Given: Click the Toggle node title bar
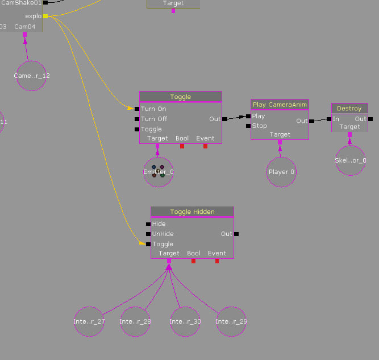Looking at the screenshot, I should [x=181, y=97].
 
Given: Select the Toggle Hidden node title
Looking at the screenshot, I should [x=192, y=212].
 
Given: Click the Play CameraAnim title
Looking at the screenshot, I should [x=280, y=105].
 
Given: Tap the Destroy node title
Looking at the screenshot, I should [x=349, y=109].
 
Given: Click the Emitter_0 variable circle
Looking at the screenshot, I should [x=158, y=172].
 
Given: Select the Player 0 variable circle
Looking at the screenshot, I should [x=281, y=172].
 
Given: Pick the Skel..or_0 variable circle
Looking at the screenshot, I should [x=350, y=160].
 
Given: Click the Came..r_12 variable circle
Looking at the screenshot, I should [x=32, y=76].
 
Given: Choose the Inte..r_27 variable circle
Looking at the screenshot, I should [x=89, y=321].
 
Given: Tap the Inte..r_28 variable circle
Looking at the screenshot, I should [x=135, y=321].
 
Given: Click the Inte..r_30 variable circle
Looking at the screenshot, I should [x=185, y=321].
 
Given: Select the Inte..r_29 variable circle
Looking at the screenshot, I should [x=231, y=321].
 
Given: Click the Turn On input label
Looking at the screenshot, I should [x=153, y=109].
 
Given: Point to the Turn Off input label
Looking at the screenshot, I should [x=154, y=119].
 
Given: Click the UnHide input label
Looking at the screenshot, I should [x=163, y=234].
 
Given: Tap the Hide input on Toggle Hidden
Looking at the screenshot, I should [x=159, y=224].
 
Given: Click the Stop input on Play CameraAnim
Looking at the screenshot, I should [x=259, y=126].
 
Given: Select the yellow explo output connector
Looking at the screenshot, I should [x=45, y=16].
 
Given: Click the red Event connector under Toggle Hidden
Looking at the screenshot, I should [x=216, y=261].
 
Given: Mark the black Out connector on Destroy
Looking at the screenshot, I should [x=370, y=119].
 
